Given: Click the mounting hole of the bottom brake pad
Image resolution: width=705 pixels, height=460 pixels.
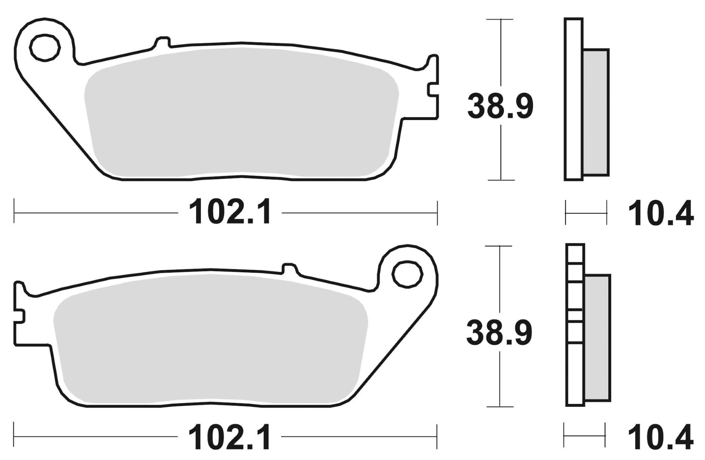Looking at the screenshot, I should [408, 275].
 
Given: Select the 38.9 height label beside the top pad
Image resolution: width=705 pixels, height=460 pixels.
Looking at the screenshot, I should [500, 106].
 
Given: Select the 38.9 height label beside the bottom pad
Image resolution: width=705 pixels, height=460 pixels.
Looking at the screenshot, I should [499, 333].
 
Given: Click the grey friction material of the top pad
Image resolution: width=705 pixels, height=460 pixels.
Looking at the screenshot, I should [242, 113].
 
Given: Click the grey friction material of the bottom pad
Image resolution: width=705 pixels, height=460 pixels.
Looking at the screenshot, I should [209, 342].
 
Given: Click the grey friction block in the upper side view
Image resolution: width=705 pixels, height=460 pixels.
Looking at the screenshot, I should [596, 113].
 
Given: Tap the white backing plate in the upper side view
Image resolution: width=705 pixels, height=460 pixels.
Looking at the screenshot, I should [574, 99].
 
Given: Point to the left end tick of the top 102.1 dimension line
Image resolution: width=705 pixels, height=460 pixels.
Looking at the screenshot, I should [15, 211].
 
